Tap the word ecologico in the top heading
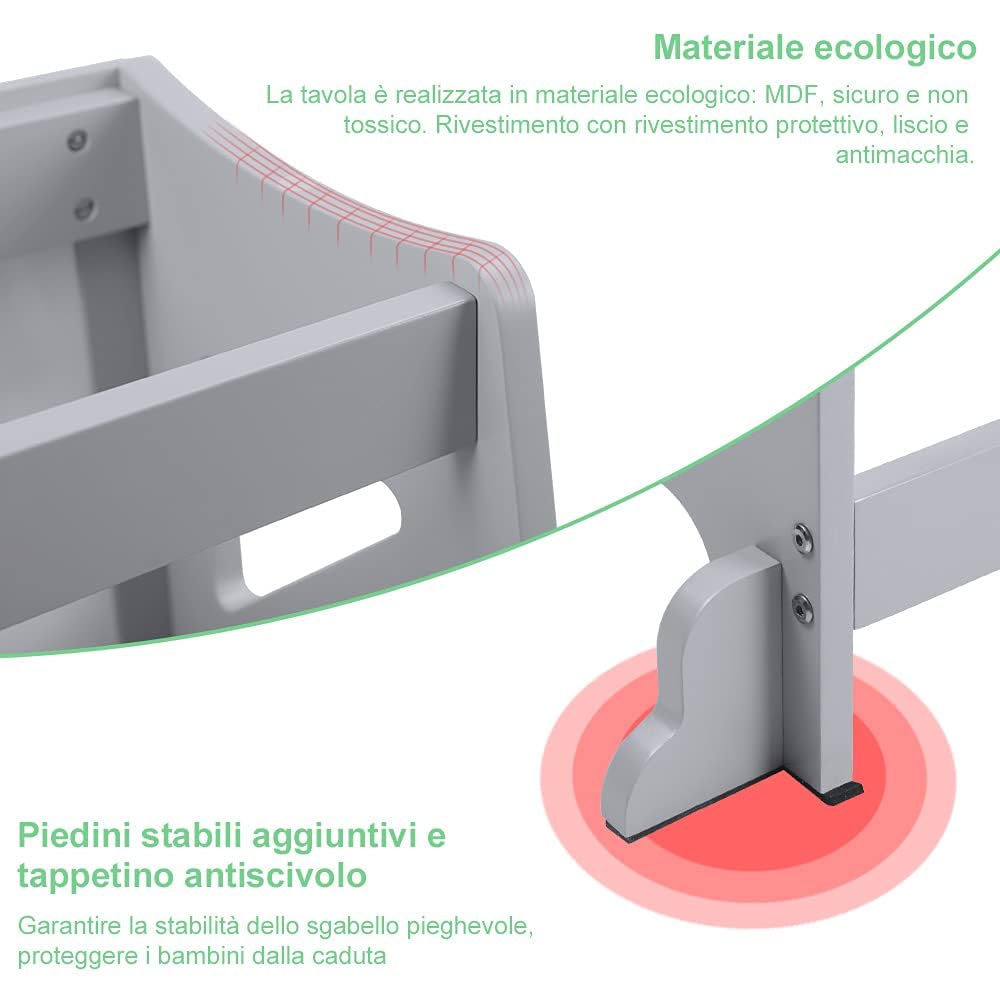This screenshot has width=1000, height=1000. click(904, 47)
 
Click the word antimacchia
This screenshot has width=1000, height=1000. click(904, 156)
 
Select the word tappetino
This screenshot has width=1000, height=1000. click(94, 876)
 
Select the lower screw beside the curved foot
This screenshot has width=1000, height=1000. click(800, 605)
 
